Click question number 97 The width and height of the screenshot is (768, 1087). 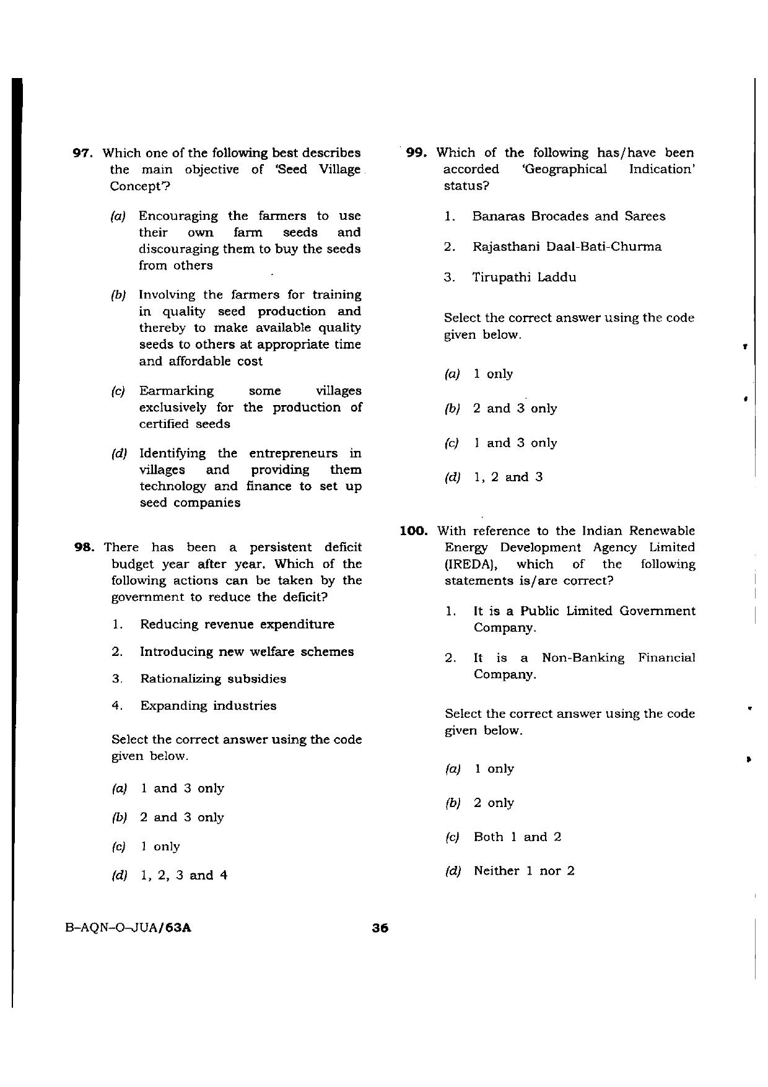tap(83, 153)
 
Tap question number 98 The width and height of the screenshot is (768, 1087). tap(84, 548)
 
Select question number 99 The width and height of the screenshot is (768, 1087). tap(418, 153)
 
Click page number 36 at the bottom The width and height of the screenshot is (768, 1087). tap(380, 928)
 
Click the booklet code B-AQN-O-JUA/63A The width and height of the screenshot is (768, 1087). tap(128, 928)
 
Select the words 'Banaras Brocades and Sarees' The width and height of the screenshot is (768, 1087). tap(569, 217)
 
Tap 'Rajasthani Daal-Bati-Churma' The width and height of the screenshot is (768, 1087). tap(567, 247)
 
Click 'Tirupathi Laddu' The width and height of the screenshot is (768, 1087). tap(524, 277)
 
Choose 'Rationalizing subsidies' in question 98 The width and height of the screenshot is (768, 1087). tap(213, 679)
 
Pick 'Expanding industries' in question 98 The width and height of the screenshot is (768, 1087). tap(208, 706)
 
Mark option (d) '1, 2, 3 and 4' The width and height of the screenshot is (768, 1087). tap(184, 876)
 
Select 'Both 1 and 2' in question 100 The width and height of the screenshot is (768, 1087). tap(517, 837)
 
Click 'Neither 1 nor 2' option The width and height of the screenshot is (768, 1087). tap(524, 871)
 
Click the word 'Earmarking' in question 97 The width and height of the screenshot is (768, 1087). tap(177, 391)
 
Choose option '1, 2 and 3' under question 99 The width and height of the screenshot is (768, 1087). tap(508, 478)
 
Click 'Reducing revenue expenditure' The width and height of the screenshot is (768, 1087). tap(237, 624)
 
